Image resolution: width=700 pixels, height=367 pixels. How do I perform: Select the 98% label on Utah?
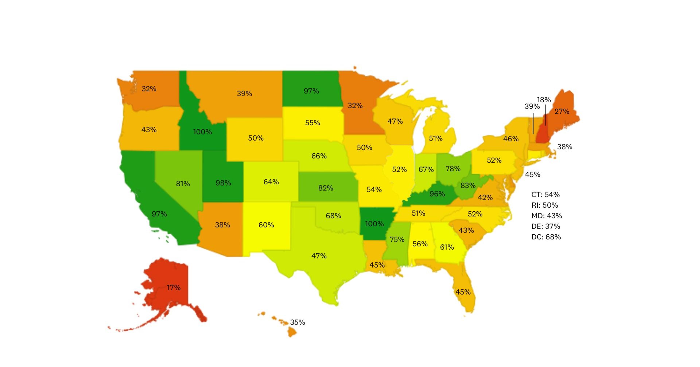click(223, 183)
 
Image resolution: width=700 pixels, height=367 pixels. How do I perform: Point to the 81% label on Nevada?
click(183, 184)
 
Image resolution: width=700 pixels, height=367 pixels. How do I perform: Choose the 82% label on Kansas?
click(326, 188)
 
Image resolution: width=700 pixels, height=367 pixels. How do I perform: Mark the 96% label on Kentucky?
click(437, 194)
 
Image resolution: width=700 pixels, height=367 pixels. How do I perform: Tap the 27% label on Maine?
click(562, 111)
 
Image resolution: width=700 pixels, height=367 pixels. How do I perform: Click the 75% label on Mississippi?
click(397, 239)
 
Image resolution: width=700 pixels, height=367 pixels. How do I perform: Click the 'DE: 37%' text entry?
click(545, 226)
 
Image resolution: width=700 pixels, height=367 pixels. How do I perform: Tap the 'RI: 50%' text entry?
click(544, 205)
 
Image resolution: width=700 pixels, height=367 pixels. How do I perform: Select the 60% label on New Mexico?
click(266, 225)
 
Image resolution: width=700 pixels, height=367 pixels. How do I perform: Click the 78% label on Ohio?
click(453, 169)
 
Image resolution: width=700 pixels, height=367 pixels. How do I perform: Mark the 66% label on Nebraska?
click(319, 156)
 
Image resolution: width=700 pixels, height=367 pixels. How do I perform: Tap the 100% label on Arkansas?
click(374, 224)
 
